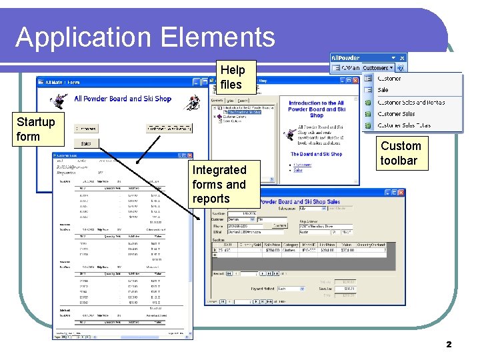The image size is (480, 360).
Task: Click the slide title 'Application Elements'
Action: (x=145, y=37)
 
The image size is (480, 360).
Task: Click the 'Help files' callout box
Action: (x=232, y=77)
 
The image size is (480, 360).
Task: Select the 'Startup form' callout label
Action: (x=35, y=129)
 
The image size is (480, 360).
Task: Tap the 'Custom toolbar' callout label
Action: (x=400, y=153)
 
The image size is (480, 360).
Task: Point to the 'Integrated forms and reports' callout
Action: (x=219, y=184)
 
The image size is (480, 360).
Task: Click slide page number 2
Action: (x=449, y=345)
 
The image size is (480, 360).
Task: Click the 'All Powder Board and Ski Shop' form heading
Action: (x=123, y=99)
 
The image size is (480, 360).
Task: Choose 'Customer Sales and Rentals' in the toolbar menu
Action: (x=411, y=102)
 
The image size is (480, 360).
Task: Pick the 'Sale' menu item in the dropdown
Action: (x=383, y=90)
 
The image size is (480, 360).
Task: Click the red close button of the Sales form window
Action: (x=401, y=192)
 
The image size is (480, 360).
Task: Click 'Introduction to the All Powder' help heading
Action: (x=317, y=109)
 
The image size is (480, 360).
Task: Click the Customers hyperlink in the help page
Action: (x=303, y=164)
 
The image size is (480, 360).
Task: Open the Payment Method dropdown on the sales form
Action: (x=302, y=289)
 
